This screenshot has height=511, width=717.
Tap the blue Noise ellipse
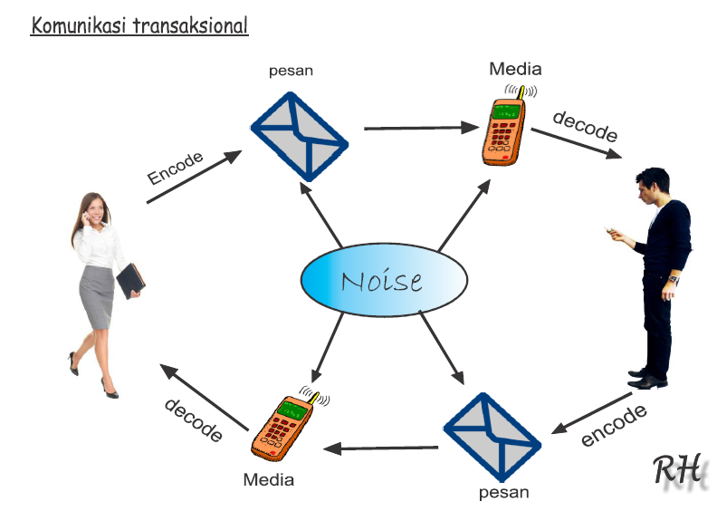point(383,281)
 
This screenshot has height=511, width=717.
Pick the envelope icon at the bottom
point(492,439)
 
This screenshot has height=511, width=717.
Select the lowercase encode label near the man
point(615,425)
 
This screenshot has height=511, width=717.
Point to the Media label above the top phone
point(515,69)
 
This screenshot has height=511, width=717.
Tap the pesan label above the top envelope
point(291,71)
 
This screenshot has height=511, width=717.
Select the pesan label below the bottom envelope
point(503,493)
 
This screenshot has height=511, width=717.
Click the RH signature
point(676,471)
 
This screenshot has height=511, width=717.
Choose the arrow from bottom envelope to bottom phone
point(381,448)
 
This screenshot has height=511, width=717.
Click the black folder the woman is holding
point(130,281)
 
